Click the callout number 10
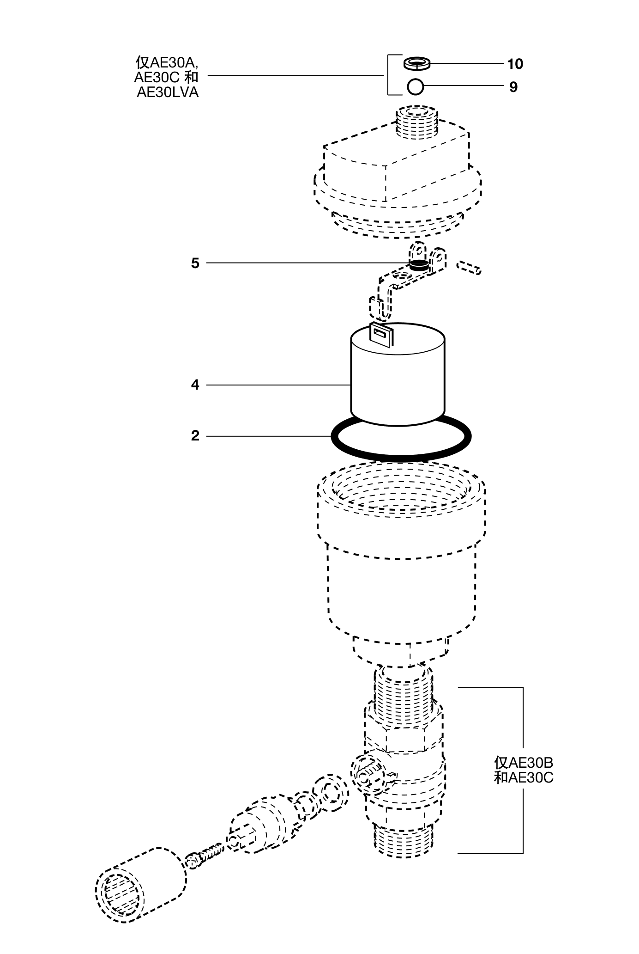[x=515, y=64]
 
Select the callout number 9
[x=513, y=87]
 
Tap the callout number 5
[x=195, y=263]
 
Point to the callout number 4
[x=195, y=385]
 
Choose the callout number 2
[x=195, y=436]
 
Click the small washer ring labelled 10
[x=416, y=64]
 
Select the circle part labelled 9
[x=416, y=86]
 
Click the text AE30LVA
[x=168, y=92]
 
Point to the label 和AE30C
[x=523, y=777]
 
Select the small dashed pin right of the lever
[x=469, y=267]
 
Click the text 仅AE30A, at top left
[x=167, y=62]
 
